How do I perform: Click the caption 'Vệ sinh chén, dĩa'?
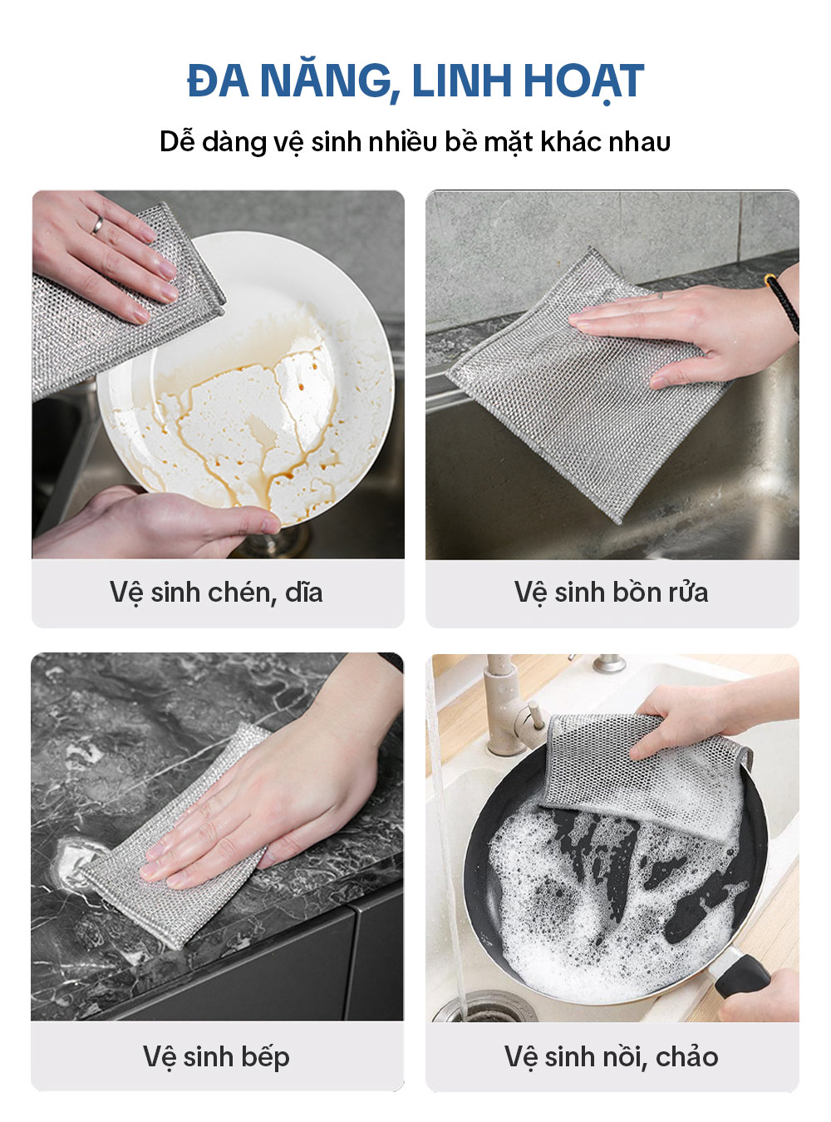click(x=216, y=593)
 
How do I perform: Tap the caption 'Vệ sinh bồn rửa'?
click(x=612, y=593)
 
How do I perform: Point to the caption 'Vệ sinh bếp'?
click(x=216, y=1056)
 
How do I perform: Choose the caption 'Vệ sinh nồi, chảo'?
click(x=611, y=1056)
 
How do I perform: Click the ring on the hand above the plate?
click(x=97, y=225)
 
